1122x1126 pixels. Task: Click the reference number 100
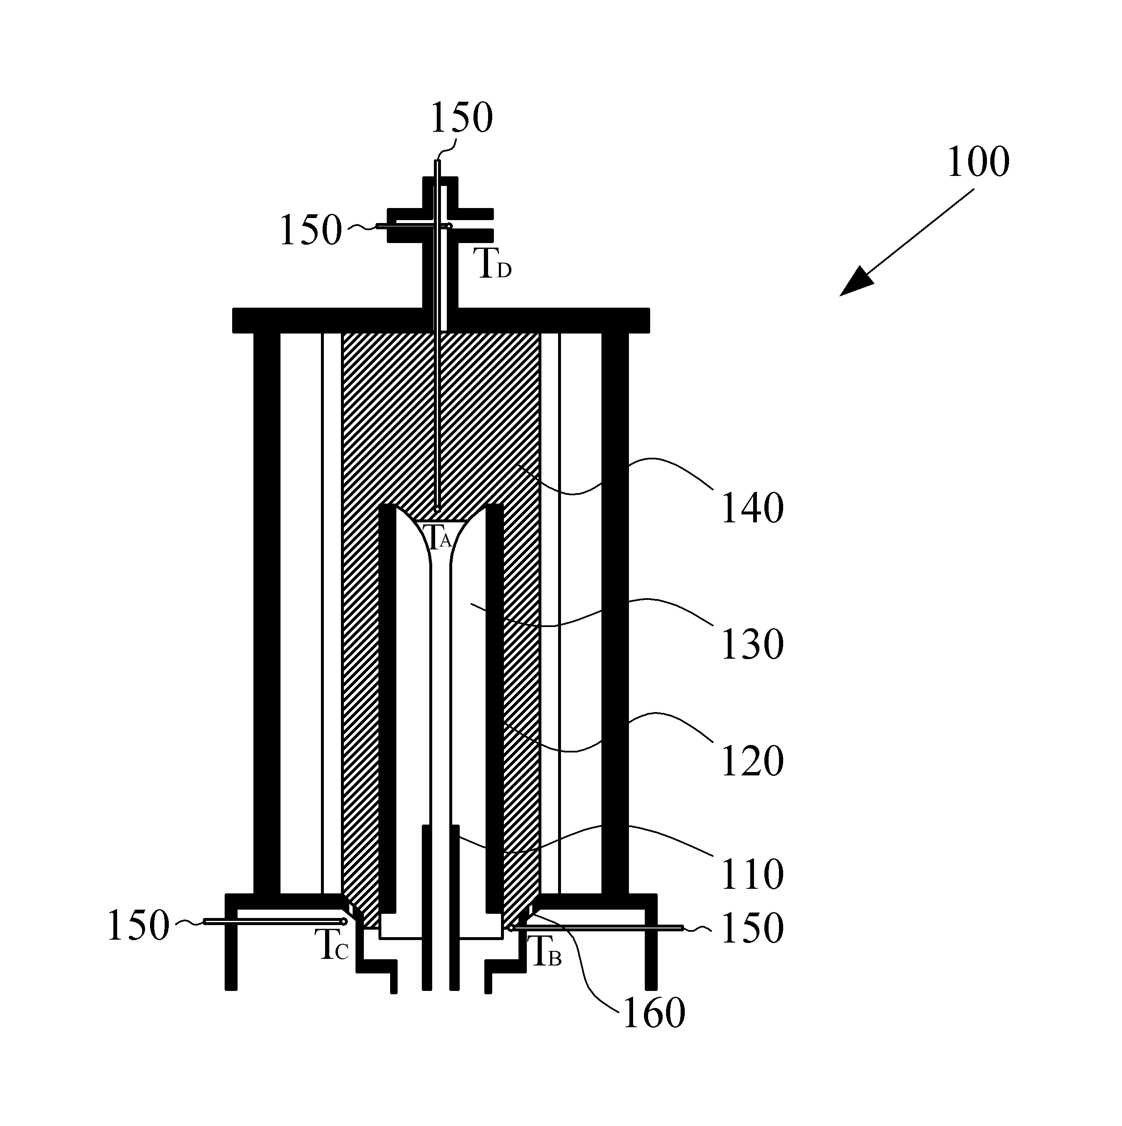(x=978, y=162)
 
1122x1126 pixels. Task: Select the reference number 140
(x=752, y=508)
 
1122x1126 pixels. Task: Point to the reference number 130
(x=752, y=645)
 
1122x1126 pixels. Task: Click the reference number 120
(x=752, y=761)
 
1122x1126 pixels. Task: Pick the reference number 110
(x=752, y=874)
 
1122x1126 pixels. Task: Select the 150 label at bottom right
(x=752, y=928)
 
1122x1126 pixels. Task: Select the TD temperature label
(x=495, y=263)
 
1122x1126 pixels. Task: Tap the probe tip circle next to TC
(x=344, y=921)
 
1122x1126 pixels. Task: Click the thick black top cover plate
(x=441, y=320)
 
